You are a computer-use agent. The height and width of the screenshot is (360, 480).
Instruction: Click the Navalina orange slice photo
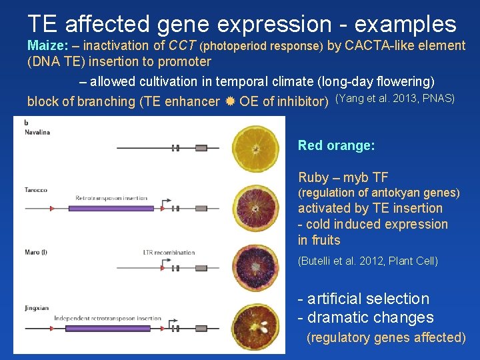click(255, 149)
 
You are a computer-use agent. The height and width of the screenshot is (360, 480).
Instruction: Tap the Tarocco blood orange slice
click(255, 207)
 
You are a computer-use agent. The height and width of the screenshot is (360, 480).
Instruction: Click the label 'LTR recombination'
click(169, 253)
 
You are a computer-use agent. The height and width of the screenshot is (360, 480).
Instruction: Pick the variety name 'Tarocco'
click(36, 190)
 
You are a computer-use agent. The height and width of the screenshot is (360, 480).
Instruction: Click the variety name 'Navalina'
click(37, 132)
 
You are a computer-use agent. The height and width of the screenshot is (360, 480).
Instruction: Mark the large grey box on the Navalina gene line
click(175, 148)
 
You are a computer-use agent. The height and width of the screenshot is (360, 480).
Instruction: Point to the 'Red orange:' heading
click(336, 145)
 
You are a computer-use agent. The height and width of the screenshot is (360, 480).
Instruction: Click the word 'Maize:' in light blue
click(47, 46)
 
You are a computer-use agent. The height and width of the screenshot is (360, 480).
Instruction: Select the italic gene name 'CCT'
click(182, 46)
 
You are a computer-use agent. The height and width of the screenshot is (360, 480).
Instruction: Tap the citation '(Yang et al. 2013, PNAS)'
click(395, 99)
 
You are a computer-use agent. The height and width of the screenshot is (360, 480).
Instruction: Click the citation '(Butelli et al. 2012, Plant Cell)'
click(367, 261)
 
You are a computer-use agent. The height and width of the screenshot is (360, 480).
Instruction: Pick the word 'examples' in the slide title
click(405, 24)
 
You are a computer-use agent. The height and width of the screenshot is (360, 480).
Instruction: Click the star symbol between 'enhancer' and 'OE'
click(229, 102)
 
